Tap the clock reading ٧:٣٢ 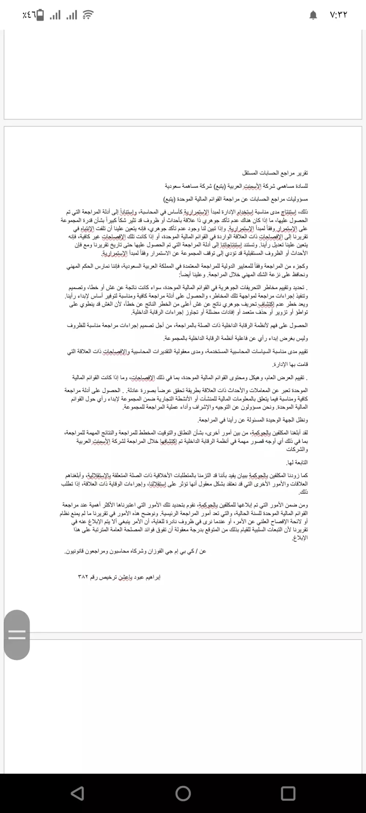coord(338,15)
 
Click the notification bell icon coord(313,15)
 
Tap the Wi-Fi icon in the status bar coord(88,15)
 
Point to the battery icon coord(40,15)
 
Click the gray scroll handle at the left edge coord(17,635)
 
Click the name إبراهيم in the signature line coord(151,577)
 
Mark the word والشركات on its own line coord(298,449)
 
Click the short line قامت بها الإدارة coord(290,364)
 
